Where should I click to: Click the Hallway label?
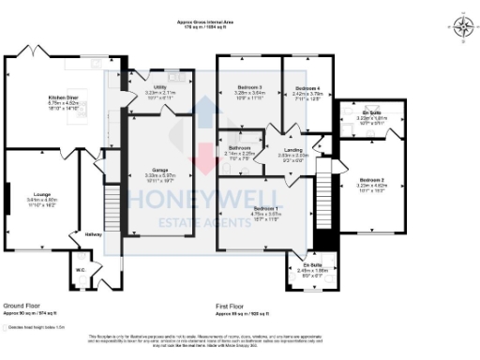[94, 234]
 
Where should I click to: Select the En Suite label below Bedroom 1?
[310, 265]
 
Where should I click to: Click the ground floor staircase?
[110, 206]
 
